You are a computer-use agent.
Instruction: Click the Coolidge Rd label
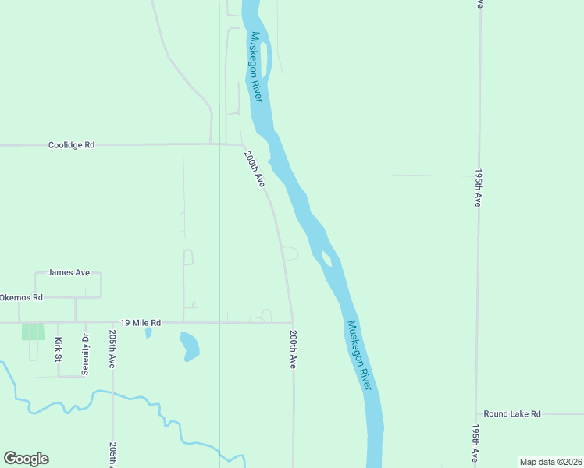(71, 145)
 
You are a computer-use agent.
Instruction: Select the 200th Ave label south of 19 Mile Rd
(293, 349)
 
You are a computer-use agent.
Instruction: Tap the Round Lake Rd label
(512, 414)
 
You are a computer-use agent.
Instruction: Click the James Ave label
(69, 272)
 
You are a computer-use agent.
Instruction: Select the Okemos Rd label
(22, 297)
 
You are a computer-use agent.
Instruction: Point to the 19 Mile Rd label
(141, 322)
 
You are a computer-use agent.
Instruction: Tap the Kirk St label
(58, 349)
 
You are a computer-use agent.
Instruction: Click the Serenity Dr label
(86, 354)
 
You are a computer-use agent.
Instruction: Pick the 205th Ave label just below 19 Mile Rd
(112, 349)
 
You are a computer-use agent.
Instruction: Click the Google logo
(26, 459)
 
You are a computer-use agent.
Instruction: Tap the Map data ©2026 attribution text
(550, 462)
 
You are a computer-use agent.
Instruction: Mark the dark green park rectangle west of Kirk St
(32, 331)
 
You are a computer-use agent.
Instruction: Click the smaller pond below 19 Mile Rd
(148, 333)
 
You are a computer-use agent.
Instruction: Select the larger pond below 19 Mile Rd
(190, 346)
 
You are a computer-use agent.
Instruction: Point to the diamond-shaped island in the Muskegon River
(326, 258)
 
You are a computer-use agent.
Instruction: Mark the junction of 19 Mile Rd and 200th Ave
(293, 322)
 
